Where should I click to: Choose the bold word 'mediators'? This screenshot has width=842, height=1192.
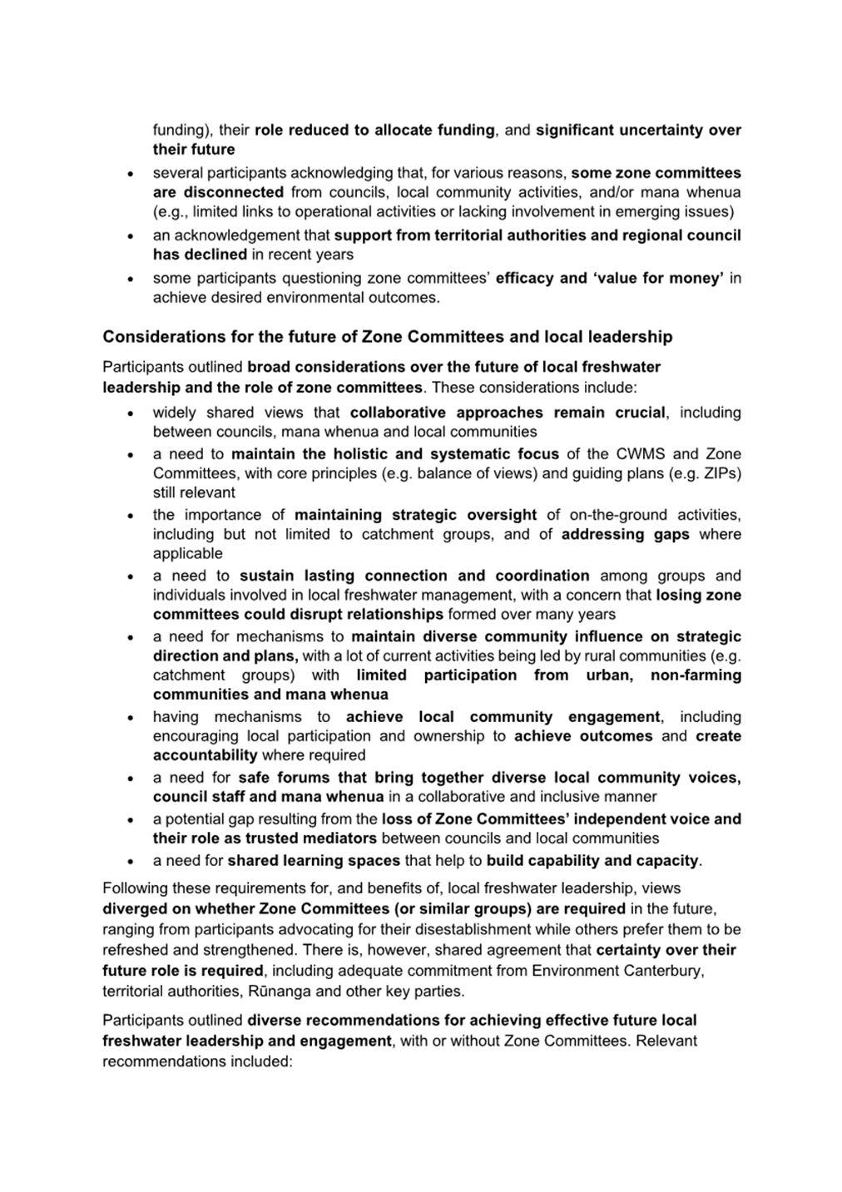(x=338, y=838)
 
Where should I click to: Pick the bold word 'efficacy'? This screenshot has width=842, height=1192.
(x=525, y=278)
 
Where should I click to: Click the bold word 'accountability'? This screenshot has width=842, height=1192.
(x=205, y=755)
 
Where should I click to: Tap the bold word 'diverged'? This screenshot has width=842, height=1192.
(x=133, y=909)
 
